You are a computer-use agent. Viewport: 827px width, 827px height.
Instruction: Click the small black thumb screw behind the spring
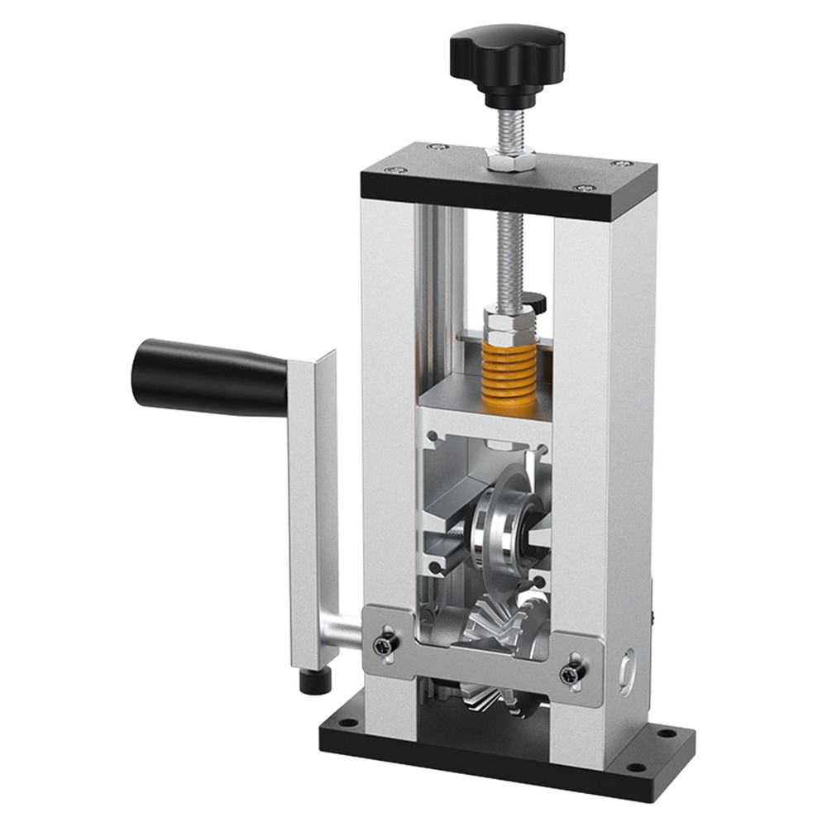pyautogui.click(x=537, y=301)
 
